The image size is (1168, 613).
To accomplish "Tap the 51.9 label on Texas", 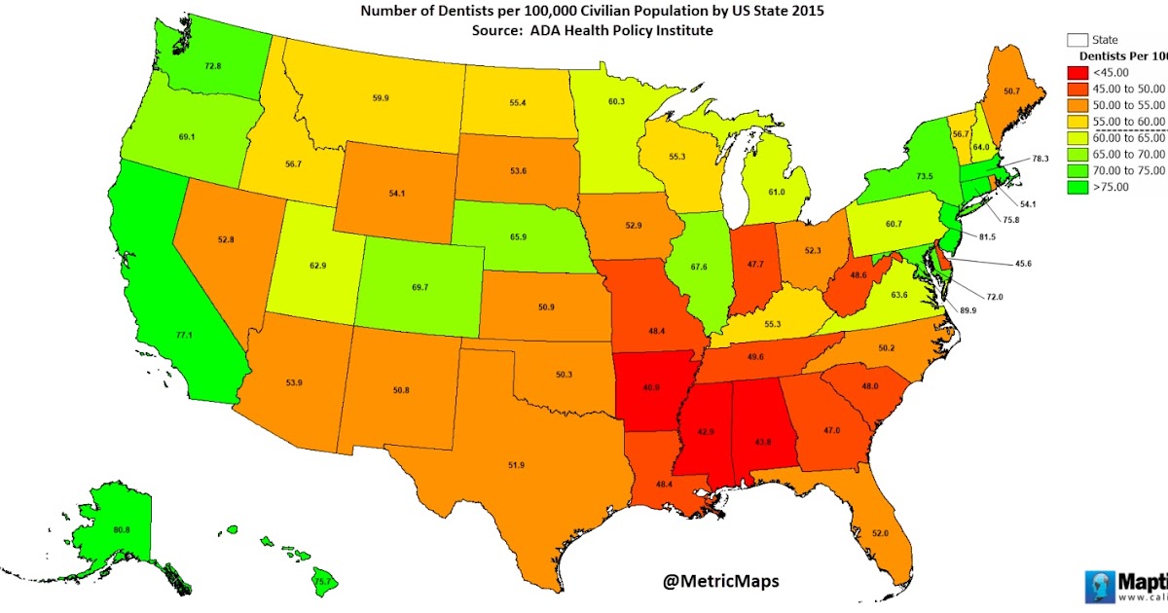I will coord(517,465).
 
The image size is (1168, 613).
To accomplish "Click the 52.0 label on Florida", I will coord(881,533).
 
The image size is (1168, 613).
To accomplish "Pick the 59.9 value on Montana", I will coord(381,98).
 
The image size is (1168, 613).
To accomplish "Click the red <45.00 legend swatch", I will coord(1077,71).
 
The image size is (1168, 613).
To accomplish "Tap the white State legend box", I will coord(1077,40).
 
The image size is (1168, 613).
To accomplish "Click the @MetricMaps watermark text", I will coord(720,582).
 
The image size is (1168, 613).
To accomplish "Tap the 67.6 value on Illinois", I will coord(700,268).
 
